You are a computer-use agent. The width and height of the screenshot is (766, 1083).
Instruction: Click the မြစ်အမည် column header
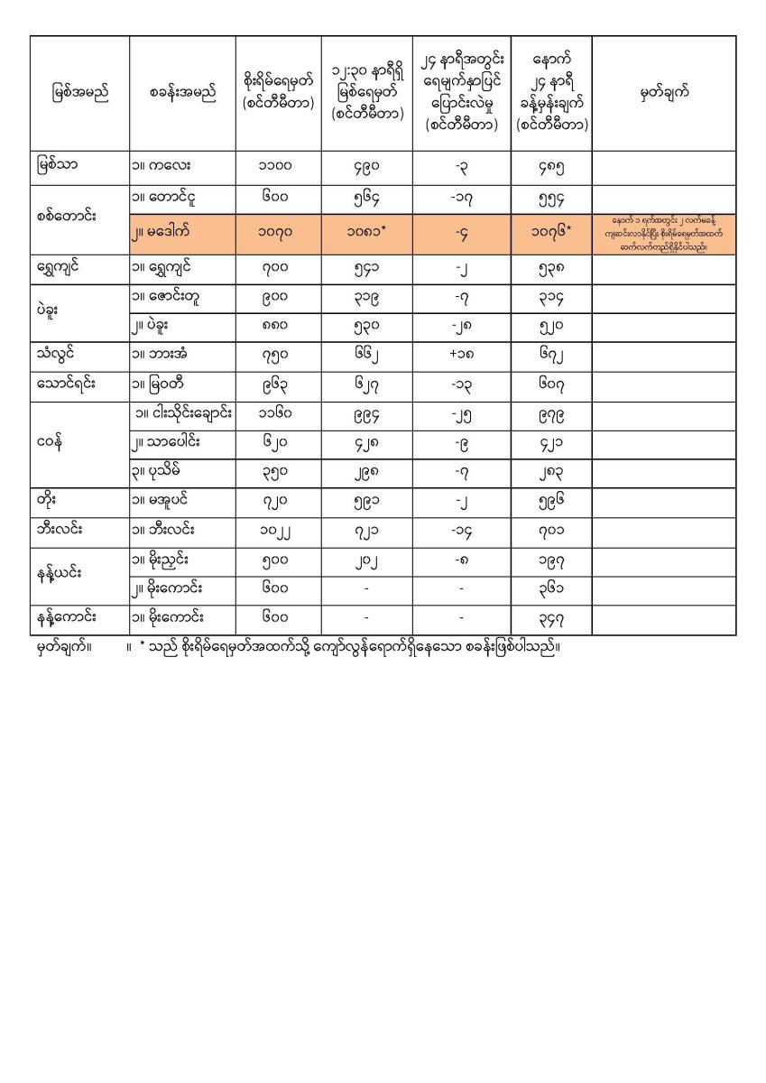(80, 93)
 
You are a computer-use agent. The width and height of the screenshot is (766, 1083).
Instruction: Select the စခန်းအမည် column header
(182, 93)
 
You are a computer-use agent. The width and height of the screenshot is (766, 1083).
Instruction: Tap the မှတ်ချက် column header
(663, 93)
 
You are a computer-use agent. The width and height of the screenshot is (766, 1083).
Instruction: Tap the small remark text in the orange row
(663, 233)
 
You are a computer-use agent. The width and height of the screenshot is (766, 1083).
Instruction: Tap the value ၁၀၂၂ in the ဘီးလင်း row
(279, 532)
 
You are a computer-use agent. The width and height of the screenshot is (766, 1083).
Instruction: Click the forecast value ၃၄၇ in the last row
(550, 620)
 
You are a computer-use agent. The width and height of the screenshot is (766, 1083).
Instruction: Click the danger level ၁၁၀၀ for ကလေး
(279, 166)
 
